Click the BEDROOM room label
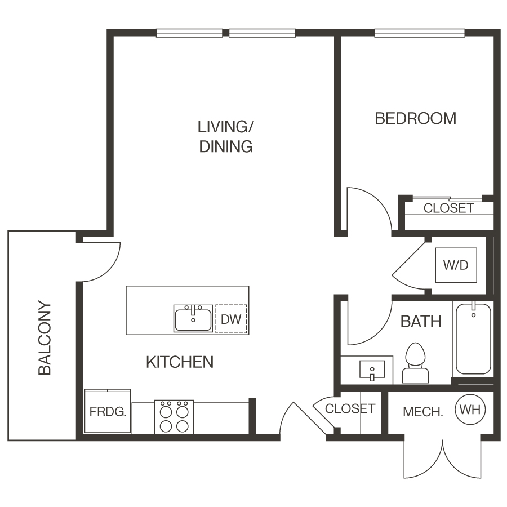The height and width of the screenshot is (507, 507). (415, 118)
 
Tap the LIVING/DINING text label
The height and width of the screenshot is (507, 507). (225, 136)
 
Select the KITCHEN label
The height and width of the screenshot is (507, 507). (180, 362)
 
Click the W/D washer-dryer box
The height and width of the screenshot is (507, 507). (456, 265)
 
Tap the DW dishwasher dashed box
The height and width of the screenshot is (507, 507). (231, 319)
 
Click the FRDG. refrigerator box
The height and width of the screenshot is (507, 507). (108, 412)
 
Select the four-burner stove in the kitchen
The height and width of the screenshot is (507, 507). (174, 417)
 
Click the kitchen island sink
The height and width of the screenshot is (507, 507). (193, 319)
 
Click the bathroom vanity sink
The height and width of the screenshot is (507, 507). (372, 371)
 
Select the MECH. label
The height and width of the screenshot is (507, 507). (423, 412)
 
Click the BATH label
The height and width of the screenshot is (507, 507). (421, 322)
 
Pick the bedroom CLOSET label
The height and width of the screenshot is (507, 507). (448, 208)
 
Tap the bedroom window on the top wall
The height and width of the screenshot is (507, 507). (420, 33)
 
